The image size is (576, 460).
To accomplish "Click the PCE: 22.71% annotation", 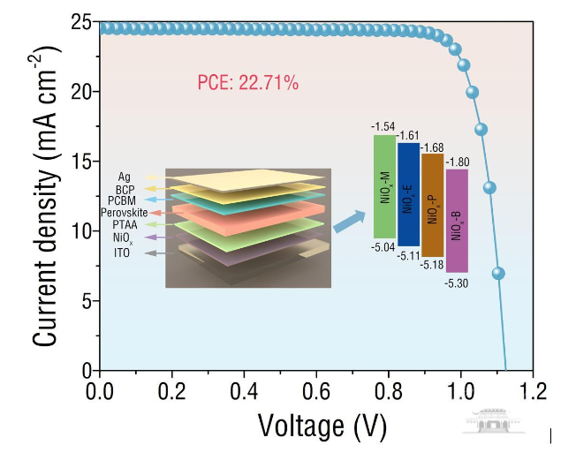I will (247, 84).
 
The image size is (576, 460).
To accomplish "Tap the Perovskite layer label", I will (135, 214).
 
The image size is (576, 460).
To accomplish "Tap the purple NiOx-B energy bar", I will (456, 220).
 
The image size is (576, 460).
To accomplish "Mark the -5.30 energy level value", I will (458, 282).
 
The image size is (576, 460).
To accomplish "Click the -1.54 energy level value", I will (384, 128).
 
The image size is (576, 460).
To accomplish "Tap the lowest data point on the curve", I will (497, 274).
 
